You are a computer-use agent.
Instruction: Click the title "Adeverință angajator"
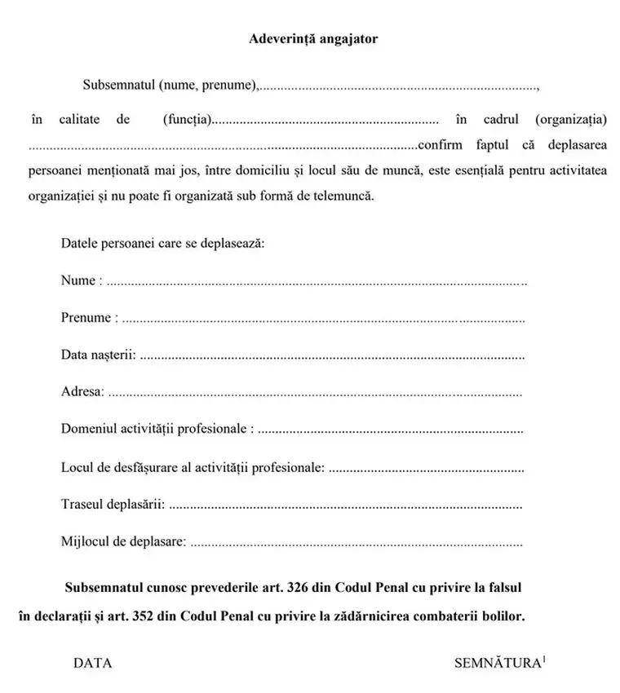(313, 38)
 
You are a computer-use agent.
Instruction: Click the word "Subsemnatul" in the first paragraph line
(118, 85)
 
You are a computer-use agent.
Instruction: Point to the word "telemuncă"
(346, 196)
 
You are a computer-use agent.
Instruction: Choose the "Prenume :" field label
(89, 318)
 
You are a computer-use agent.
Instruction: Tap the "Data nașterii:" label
(98, 355)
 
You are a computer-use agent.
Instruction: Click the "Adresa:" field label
(82, 393)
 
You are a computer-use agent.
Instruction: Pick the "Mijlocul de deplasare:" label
(123, 541)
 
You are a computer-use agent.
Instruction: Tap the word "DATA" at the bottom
(93, 664)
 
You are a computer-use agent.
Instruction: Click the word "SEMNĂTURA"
(498, 664)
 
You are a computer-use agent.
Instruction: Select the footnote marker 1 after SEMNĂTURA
(544, 659)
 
